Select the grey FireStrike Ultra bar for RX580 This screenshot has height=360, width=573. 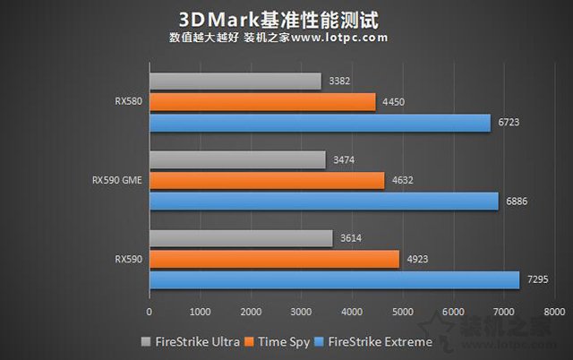click(235, 81)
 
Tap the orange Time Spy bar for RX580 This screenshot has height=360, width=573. click(262, 102)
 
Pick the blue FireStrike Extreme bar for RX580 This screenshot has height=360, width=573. click(320, 123)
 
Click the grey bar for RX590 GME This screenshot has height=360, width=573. click(237, 159)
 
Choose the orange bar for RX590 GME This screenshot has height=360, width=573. click(267, 180)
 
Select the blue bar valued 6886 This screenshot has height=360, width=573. click(323, 201)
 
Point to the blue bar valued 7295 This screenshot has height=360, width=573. click(334, 280)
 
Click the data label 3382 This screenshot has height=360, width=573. click(340, 81)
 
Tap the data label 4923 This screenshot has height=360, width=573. click(418, 260)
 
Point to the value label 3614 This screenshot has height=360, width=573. click(352, 239)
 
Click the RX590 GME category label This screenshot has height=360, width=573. click(116, 180)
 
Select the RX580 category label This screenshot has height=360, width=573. click(129, 102)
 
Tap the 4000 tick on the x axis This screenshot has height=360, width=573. click(351, 313)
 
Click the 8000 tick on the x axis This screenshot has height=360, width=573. click(553, 313)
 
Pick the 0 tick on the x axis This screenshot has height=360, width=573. click(150, 313)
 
